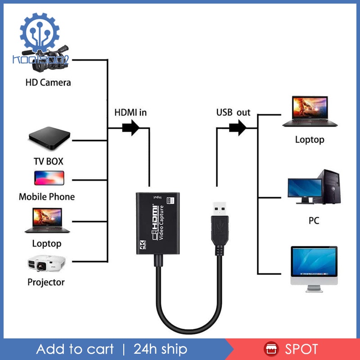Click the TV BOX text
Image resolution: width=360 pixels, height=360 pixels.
pyautogui.click(x=49, y=161)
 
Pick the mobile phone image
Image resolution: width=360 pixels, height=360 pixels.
pyautogui.click(x=49, y=178)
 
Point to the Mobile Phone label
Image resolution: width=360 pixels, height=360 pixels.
pyautogui.click(x=47, y=197)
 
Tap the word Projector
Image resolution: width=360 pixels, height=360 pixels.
pyautogui.click(x=46, y=282)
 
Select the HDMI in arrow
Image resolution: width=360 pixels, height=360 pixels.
pyautogui.click(x=130, y=128)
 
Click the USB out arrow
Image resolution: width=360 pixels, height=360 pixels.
pyautogui.click(x=237, y=128)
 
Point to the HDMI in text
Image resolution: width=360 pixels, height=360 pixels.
pyautogui.click(x=130, y=112)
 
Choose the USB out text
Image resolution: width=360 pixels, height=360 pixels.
pyautogui.click(x=233, y=112)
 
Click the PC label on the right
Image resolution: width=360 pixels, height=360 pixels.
pyautogui.click(x=314, y=221)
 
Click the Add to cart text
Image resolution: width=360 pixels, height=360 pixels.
pyautogui.click(x=75, y=349)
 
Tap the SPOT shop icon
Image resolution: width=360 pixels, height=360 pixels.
pyautogui.click(x=271, y=349)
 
